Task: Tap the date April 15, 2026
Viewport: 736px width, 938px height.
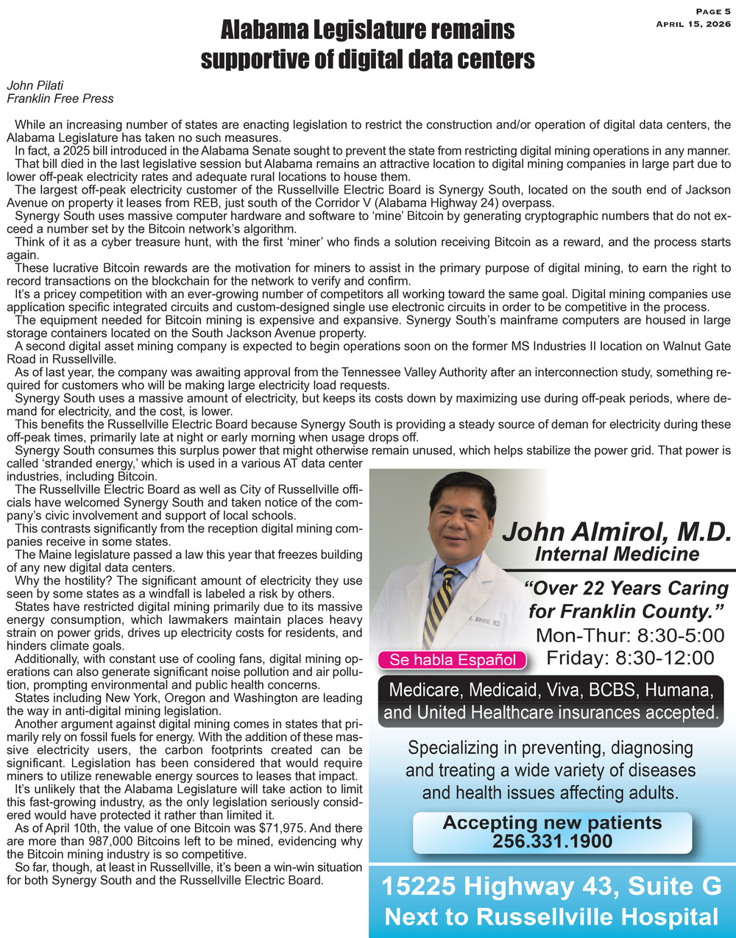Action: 693,24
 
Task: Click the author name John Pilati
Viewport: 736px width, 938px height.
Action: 35,85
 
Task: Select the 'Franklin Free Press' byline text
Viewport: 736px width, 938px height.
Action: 60,97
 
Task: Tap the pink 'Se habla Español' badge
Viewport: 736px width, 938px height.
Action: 453,660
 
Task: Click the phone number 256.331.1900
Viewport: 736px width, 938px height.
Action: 552,840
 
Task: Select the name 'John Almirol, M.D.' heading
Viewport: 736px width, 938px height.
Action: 615,531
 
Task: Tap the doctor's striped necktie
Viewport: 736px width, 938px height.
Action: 440,603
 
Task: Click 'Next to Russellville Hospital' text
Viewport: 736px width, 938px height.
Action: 551,917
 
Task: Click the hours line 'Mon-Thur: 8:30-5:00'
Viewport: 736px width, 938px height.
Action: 631,635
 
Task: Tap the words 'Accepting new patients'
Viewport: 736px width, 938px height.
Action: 552,822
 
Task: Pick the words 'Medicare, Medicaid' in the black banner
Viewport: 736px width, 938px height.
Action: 461,690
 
